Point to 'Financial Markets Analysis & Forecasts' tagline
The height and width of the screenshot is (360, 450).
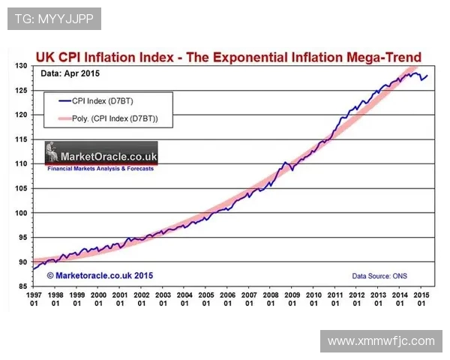[100, 169]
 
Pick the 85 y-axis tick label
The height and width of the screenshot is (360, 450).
[22, 286]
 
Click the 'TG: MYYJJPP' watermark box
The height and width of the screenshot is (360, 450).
[54, 19]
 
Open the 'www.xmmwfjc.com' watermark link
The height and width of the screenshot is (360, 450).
[381, 340]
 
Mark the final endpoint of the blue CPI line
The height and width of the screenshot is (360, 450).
[428, 75]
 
